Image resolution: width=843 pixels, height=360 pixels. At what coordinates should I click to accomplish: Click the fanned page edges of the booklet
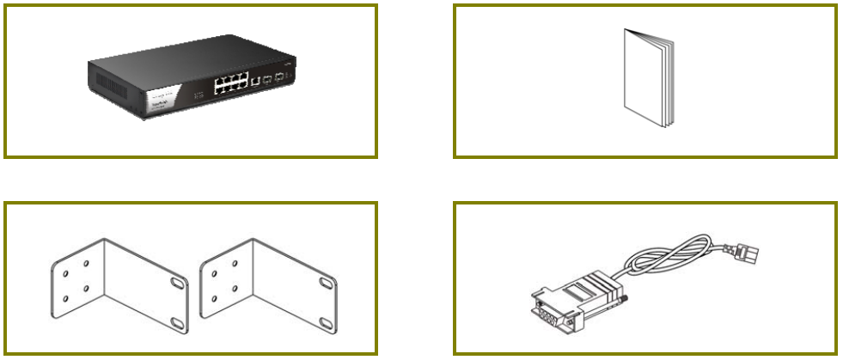[x=668, y=86]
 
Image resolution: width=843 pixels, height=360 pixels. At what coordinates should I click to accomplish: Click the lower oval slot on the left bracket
[x=176, y=323]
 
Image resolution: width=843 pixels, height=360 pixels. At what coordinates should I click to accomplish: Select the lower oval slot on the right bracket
[x=328, y=323]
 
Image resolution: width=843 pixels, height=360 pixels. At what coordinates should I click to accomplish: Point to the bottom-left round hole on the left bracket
[x=65, y=299]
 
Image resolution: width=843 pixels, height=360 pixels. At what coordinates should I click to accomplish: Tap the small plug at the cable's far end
[x=748, y=252]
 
